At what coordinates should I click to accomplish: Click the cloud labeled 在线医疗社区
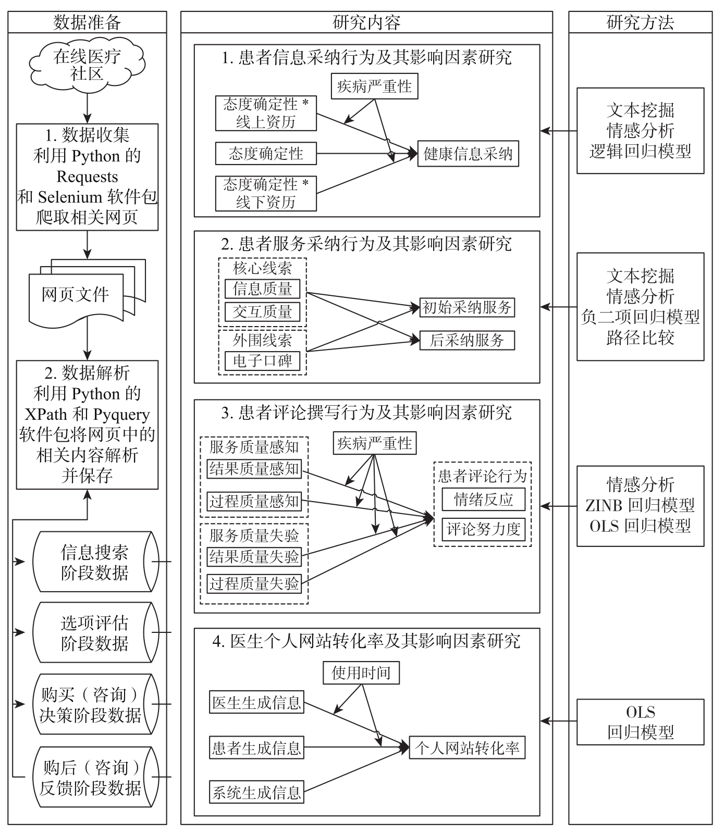point(87,65)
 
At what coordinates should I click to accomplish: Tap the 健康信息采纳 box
point(468,154)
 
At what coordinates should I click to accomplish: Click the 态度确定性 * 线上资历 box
point(266,113)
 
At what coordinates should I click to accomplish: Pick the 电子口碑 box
point(262,360)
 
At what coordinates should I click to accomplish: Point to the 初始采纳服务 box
point(467,307)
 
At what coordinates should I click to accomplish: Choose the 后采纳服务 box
point(467,341)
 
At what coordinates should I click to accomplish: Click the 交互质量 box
point(262,312)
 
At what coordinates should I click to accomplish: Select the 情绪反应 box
point(483,500)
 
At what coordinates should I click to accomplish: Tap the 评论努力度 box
point(483,529)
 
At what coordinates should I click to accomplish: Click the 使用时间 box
point(361,672)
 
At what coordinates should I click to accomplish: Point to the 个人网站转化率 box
point(467,748)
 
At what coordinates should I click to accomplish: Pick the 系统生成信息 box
point(256,792)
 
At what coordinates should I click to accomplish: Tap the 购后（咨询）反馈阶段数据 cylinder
point(91,777)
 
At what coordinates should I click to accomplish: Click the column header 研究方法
point(640,22)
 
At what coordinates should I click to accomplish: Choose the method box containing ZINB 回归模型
point(640,506)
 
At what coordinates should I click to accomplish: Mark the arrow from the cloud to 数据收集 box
point(87,108)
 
